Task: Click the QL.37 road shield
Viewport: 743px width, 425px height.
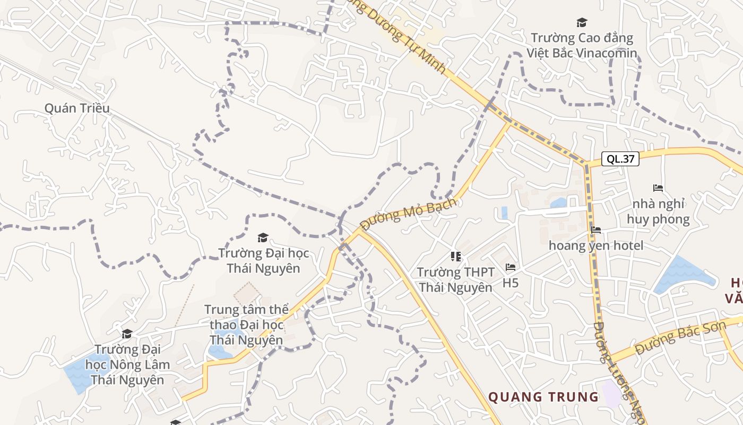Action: [x=620, y=158]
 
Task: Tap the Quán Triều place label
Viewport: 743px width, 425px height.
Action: [x=77, y=108]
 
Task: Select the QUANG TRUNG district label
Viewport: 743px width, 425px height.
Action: [x=543, y=397]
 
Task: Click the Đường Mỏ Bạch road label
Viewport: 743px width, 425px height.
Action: [x=408, y=214]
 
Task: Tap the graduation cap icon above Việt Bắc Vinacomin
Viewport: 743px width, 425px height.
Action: [x=582, y=22]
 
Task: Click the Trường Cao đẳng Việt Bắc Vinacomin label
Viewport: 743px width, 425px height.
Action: [x=582, y=45]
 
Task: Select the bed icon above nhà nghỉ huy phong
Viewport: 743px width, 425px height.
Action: [x=658, y=188]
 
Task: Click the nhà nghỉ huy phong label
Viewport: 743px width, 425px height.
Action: [x=658, y=211]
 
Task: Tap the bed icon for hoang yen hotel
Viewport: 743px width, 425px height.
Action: [x=596, y=230]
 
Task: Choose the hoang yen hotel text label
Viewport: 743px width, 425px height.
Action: [x=596, y=245]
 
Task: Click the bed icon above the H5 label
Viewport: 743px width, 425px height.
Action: [x=511, y=267]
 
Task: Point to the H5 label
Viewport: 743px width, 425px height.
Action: [x=511, y=283]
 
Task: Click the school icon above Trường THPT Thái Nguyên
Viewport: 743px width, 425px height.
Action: [x=455, y=257]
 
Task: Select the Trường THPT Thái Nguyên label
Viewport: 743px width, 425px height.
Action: [x=455, y=280]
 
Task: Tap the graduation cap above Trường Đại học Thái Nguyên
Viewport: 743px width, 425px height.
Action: [x=263, y=237]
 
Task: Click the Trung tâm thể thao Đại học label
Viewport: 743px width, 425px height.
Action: [x=246, y=325]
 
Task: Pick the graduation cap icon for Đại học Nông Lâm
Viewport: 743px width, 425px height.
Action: [x=127, y=334]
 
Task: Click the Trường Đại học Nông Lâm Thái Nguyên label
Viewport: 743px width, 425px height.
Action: [x=127, y=365]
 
